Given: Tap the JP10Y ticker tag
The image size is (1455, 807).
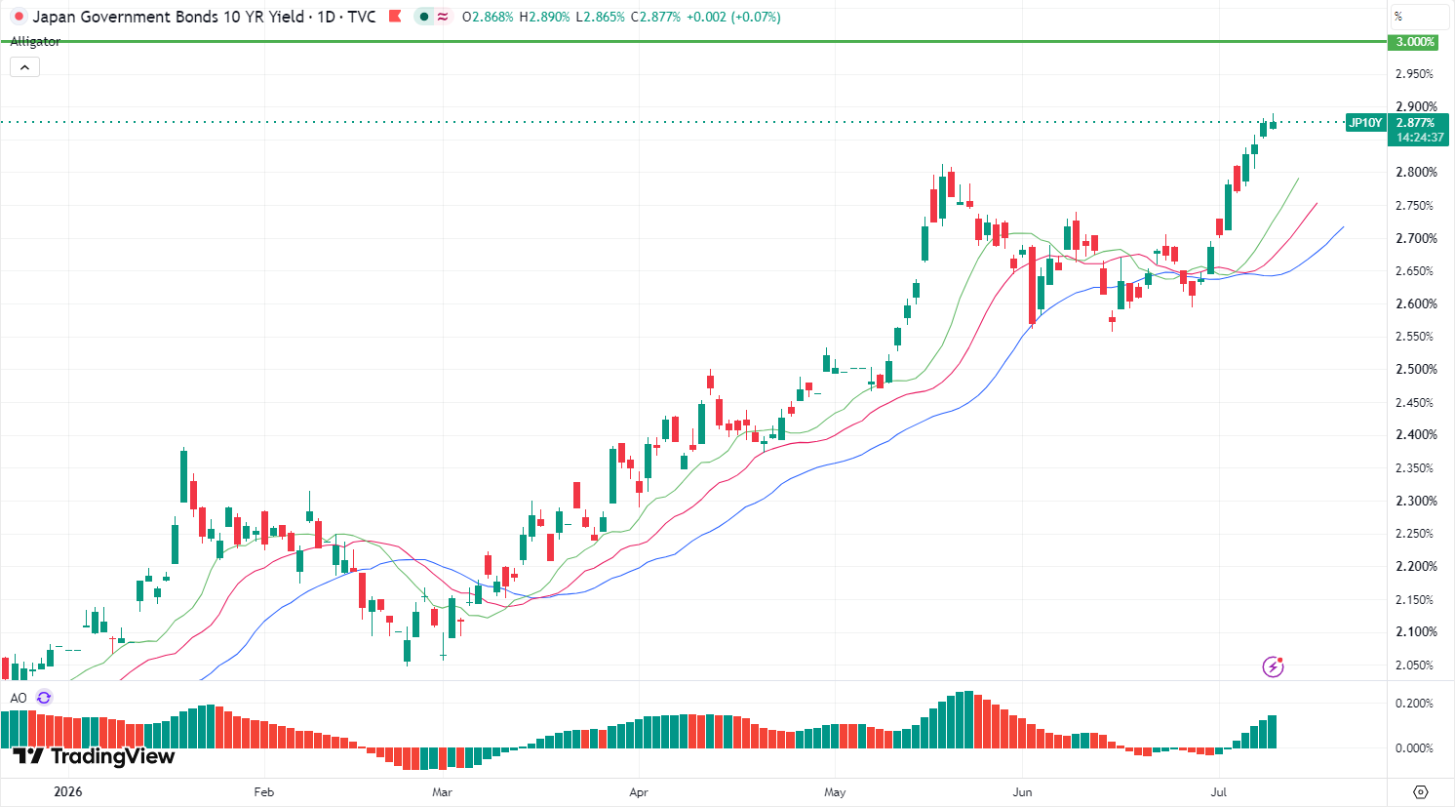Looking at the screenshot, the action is [x=1365, y=123].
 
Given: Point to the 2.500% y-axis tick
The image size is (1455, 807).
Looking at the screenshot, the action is [x=1417, y=369].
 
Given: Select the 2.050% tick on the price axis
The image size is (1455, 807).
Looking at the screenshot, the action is [x=1417, y=665].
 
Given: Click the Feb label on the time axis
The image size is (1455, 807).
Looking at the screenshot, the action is [x=263, y=792].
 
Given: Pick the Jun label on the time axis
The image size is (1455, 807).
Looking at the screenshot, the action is [x=1022, y=792].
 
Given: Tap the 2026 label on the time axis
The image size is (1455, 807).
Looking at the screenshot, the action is [x=68, y=792].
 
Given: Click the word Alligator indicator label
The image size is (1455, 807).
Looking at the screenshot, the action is [x=35, y=42].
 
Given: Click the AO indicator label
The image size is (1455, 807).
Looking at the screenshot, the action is [x=19, y=698].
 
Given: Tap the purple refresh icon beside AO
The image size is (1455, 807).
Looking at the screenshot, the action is [x=44, y=698].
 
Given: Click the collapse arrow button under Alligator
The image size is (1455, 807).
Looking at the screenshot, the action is [x=24, y=67].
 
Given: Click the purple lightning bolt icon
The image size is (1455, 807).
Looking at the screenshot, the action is [x=1274, y=666].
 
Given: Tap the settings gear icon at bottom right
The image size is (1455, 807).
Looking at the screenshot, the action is [x=1421, y=792].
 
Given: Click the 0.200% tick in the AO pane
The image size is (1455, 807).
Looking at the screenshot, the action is [x=1414, y=703].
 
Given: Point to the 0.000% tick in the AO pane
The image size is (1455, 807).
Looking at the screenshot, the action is [x=1414, y=748].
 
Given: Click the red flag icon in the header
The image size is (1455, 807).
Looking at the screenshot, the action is [x=395, y=17].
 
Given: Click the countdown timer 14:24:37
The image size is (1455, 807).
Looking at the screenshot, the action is [x=1420, y=138].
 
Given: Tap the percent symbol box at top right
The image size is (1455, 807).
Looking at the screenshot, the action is [x=1420, y=17].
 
